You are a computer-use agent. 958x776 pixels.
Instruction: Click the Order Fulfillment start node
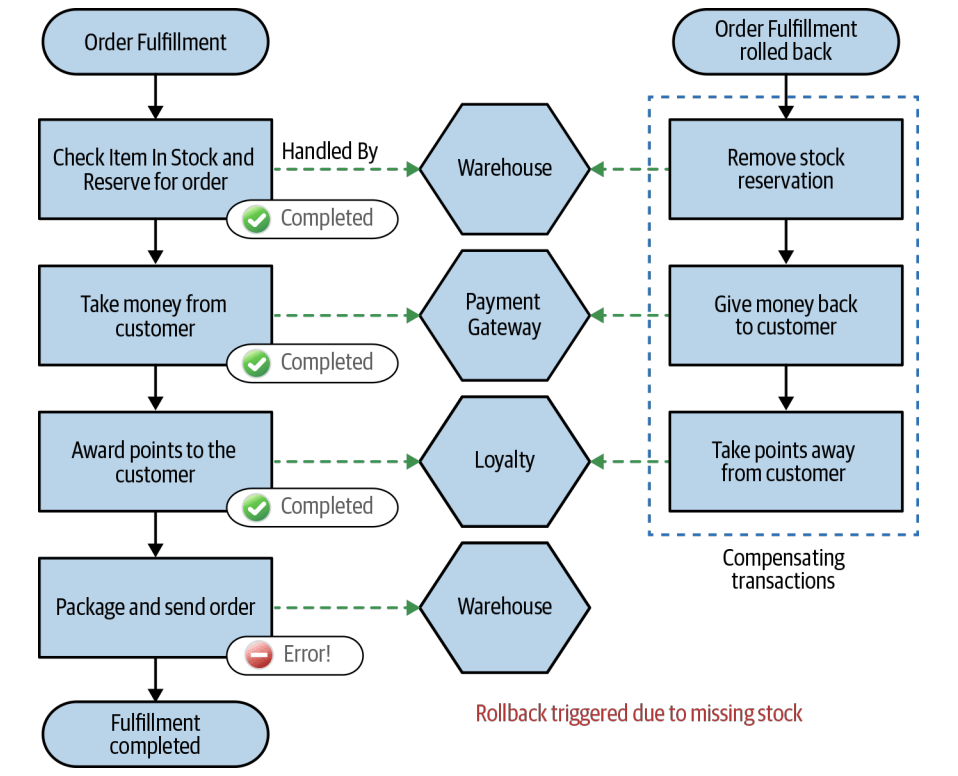(155, 42)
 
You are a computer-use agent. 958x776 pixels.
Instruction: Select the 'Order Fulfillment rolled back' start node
(785, 42)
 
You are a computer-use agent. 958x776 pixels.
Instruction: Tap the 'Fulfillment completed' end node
(155, 734)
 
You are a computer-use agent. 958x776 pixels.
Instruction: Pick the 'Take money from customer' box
(155, 315)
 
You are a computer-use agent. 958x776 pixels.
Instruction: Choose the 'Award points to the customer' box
(155, 461)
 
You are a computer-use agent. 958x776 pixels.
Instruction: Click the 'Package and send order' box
(155, 606)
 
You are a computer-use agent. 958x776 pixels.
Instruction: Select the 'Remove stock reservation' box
(785, 169)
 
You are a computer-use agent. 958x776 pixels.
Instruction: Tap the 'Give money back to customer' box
(785, 315)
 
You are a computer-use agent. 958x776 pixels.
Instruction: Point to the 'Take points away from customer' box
(785, 461)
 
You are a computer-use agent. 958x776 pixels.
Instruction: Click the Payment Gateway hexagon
(504, 315)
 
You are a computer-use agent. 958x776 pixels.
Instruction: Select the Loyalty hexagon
(504, 461)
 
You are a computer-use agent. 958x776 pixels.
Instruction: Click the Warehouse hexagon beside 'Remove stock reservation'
(504, 168)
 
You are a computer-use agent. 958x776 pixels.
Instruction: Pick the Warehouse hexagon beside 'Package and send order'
(504, 606)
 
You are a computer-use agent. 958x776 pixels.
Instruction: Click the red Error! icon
(259, 655)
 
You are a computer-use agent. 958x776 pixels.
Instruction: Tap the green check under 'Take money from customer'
(257, 363)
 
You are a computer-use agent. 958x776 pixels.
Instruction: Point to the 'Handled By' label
(330, 152)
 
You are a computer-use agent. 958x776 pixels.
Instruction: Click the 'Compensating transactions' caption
(783, 569)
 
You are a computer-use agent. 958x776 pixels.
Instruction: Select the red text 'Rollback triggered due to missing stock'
(638, 713)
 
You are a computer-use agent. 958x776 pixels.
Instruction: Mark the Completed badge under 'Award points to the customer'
(312, 507)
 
